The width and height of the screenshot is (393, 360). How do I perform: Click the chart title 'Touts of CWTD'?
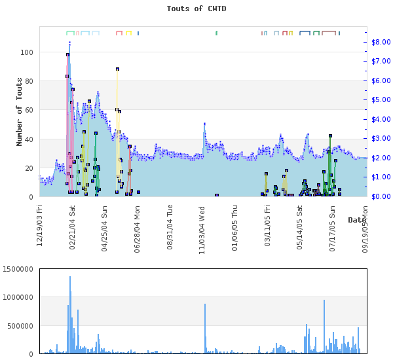click(x=196, y=9)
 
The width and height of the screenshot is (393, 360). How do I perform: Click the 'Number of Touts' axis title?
click(x=20, y=111)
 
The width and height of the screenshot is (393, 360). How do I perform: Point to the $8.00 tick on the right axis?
click(x=381, y=42)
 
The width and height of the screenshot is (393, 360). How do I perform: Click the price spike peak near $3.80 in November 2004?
click(x=204, y=123)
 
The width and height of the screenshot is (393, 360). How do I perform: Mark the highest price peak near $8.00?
click(x=69, y=43)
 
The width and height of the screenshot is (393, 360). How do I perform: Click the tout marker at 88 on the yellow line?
click(x=117, y=69)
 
